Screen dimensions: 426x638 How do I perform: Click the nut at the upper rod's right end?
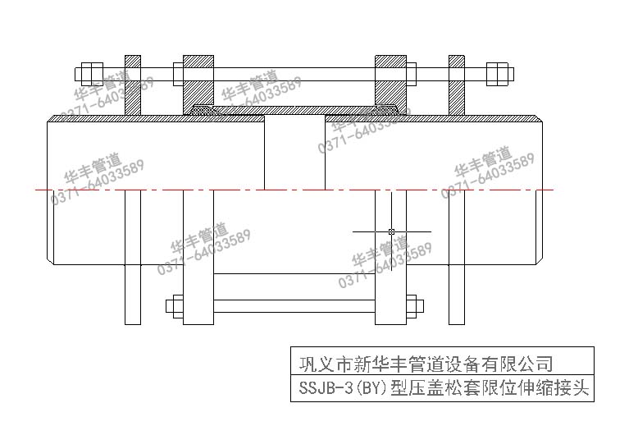coord(497,72)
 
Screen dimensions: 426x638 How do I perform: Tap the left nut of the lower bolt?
coord(175,306)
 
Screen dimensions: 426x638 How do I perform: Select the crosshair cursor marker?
coord(391,231)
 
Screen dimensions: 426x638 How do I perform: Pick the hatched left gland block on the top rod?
coord(198,82)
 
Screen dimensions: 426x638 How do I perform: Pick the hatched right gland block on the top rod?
coord(391,82)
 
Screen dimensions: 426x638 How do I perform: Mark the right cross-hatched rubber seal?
coord(384,109)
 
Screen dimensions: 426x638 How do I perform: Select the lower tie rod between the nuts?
coord(294,306)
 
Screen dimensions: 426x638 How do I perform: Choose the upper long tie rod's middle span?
coord(294,73)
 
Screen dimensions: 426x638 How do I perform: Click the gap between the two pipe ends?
coord(295,156)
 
